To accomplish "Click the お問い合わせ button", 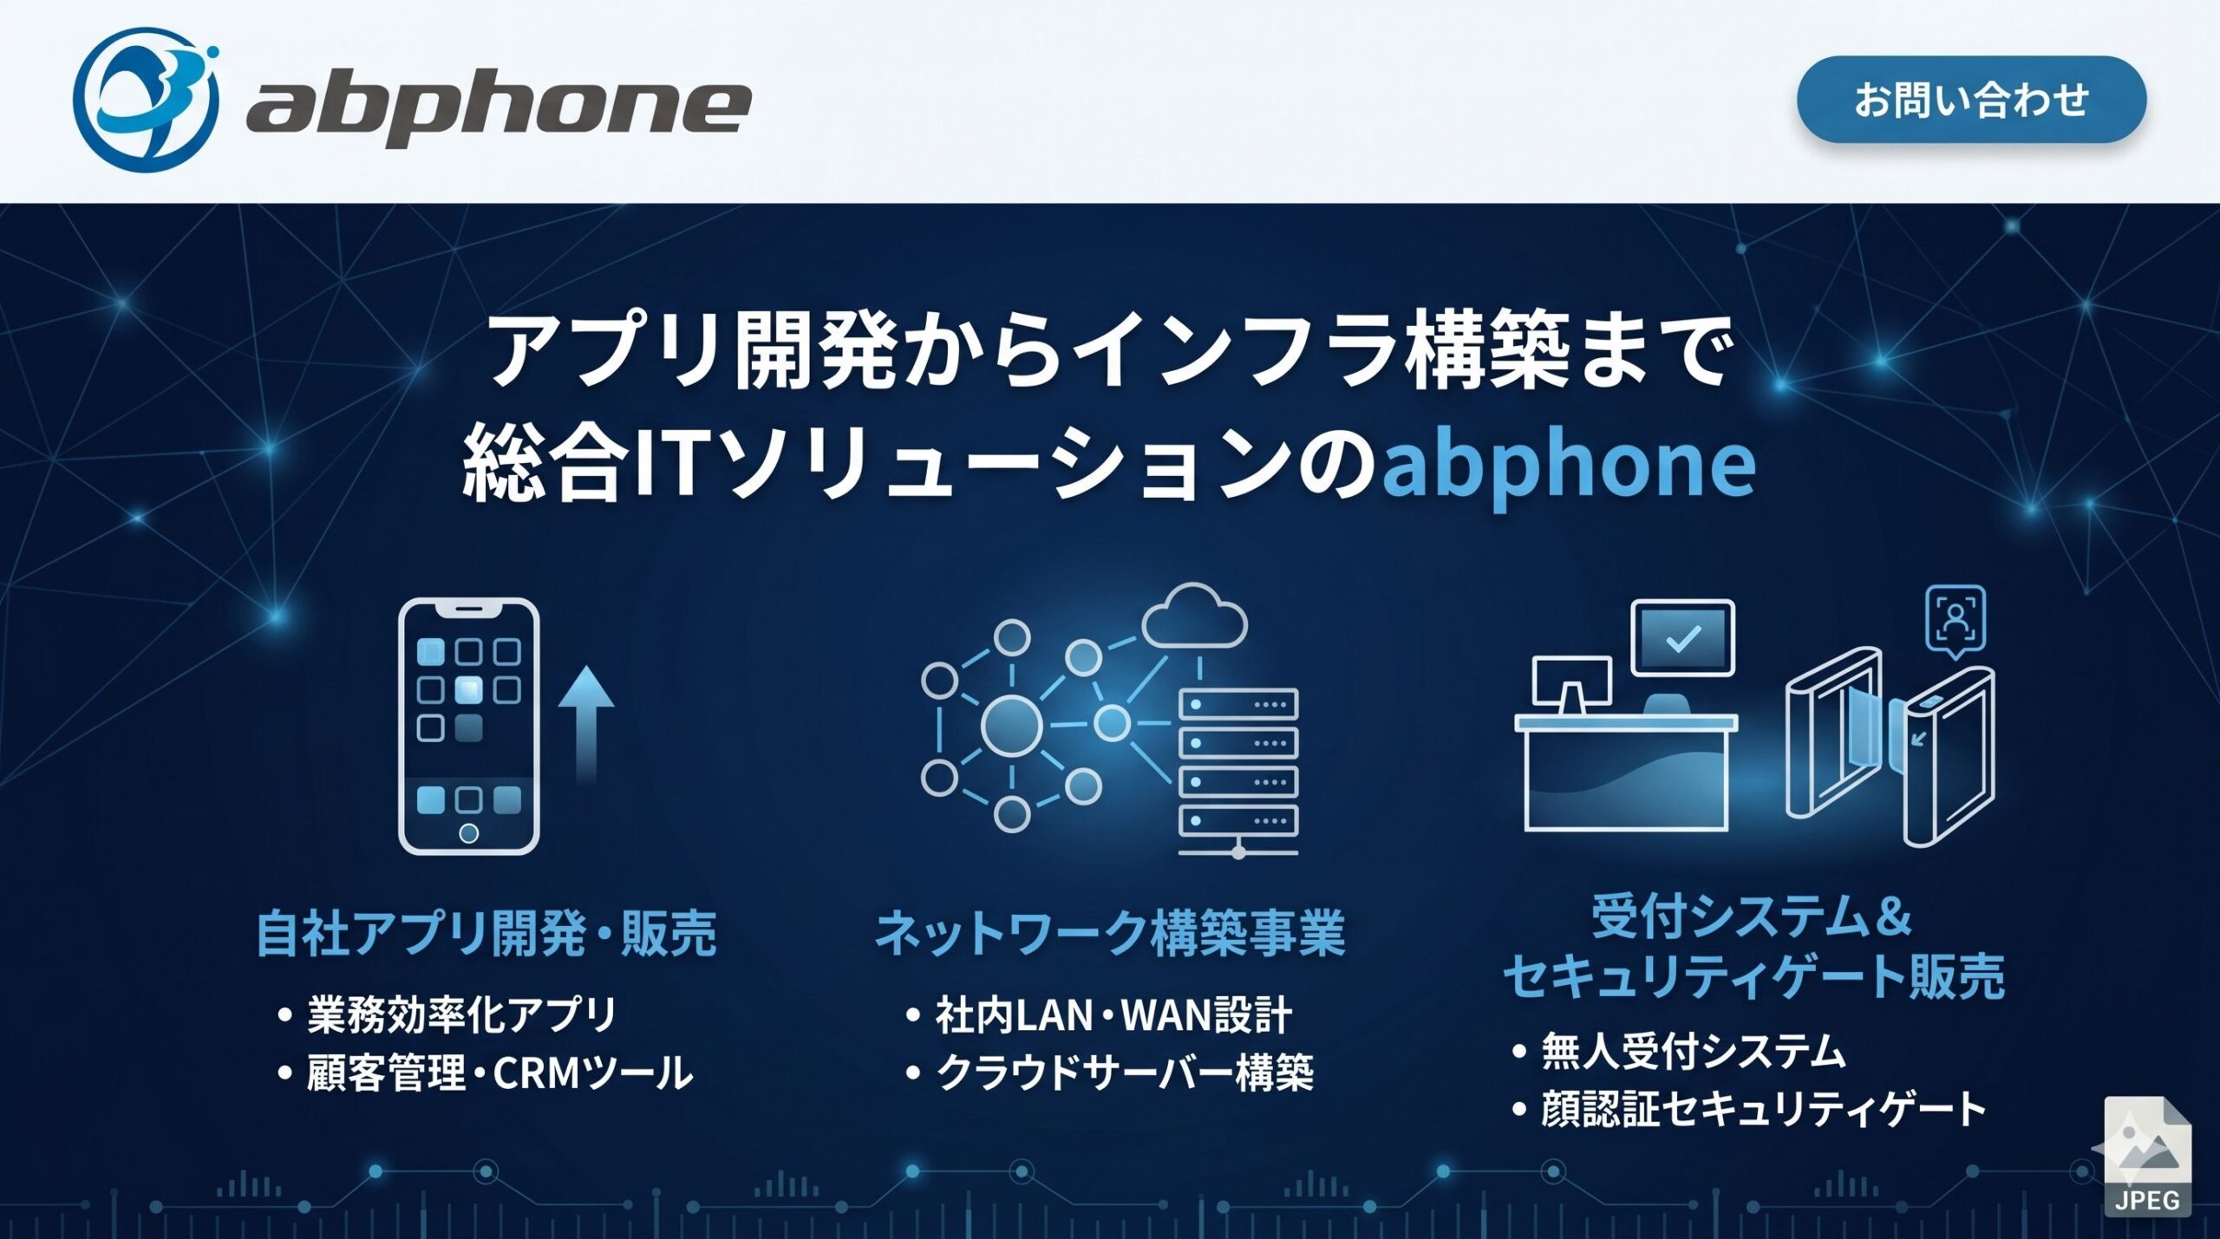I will (x=1970, y=100).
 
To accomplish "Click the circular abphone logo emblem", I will (x=146, y=100).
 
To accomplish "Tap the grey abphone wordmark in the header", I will (x=499, y=108).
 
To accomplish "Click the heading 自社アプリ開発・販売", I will (x=486, y=934).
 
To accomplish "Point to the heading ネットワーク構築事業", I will (x=1110, y=934).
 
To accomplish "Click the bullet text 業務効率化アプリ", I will (x=461, y=1014).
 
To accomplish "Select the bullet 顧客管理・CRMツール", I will (x=499, y=1073).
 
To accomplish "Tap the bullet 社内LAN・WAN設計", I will (x=1113, y=1014).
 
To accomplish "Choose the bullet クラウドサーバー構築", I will (x=1125, y=1073).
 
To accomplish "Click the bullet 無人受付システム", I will (x=1693, y=1051).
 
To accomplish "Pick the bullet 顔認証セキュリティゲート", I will (x=1763, y=1110).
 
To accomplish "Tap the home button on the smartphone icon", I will (x=468, y=833).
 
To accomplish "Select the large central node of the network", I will (x=1011, y=724).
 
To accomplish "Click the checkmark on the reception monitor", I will (x=1683, y=639).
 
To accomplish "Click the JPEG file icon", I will (x=2147, y=1157).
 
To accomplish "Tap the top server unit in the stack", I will (x=1238, y=704).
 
